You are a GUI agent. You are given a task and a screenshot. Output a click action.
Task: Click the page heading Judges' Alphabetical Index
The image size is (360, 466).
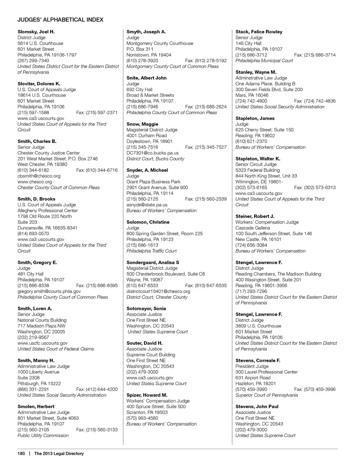pos(60,20)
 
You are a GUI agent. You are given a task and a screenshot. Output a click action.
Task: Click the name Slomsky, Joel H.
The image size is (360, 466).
pos(36,32)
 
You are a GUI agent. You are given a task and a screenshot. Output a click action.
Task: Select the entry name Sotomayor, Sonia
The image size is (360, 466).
pos(146,308)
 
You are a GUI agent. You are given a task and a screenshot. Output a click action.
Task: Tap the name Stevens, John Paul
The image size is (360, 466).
pos(257,406)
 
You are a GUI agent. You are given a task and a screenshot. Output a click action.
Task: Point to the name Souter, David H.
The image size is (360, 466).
pos(144,343)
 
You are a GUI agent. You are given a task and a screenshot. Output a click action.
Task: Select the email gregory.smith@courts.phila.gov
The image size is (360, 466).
pos(49,291)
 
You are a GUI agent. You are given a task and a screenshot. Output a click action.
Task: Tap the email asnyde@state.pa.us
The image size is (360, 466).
pos(147,205)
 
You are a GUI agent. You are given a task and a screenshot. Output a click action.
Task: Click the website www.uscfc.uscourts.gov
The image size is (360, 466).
pos(42,343)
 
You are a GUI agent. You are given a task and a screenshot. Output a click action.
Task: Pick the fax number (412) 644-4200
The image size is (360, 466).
pos(97,389)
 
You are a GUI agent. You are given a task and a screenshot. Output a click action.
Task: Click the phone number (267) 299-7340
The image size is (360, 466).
pos(33,60)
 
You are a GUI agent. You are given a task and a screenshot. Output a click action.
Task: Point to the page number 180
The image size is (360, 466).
pos(21,454)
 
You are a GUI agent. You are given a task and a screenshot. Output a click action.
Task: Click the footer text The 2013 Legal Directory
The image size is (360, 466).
pos(59,454)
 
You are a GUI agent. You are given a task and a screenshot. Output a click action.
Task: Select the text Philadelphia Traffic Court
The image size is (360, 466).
pos(151,251)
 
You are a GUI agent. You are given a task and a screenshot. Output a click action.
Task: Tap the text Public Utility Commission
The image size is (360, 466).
pos(43,436)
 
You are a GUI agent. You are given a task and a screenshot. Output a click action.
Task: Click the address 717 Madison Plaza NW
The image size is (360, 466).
pos(41,326)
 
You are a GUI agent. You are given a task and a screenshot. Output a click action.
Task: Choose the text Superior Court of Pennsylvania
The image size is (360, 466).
pos(267,395)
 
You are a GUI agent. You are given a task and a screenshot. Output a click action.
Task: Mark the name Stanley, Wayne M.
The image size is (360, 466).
pos(256,72)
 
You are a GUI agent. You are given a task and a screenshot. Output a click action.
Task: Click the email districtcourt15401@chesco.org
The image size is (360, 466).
pos(158,291)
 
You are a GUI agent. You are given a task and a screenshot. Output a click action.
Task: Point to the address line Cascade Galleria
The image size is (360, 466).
pos(253,228)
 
